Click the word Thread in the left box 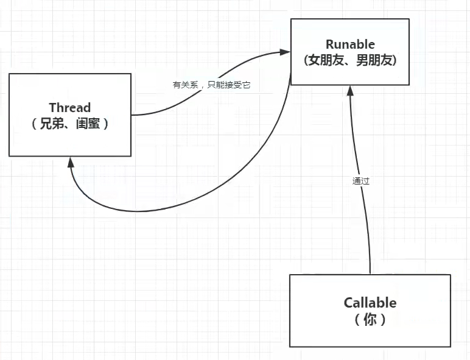coord(70,108)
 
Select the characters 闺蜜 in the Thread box coord(87,123)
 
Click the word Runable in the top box coord(349,44)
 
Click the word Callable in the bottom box coord(370,303)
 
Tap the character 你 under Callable coord(370,319)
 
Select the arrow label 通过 coord(360,181)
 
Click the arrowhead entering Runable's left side coord(285,52)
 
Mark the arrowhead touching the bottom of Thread coord(71,162)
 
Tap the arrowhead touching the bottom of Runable coord(349,91)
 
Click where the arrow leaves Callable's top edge coord(370,274)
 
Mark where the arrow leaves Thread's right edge coord(132,115)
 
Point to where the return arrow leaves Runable coord(290,76)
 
